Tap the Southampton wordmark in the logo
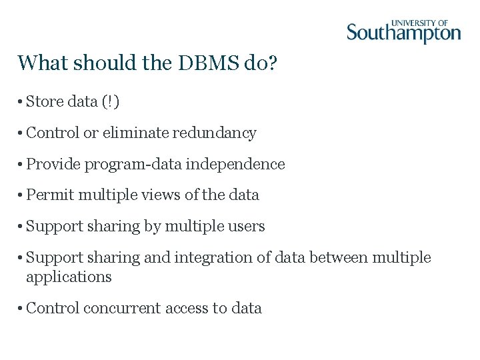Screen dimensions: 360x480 [403, 33]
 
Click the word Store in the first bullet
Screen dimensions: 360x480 [44, 102]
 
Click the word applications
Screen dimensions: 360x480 [69, 277]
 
